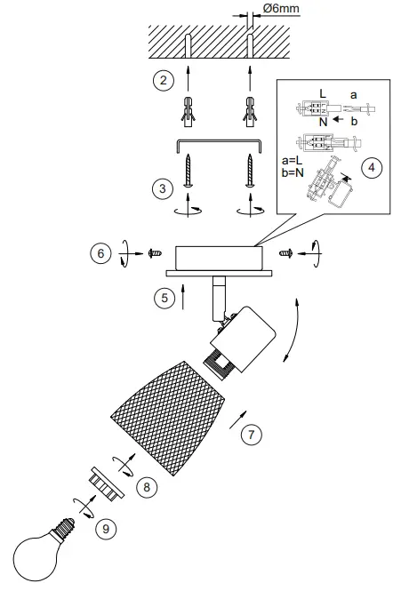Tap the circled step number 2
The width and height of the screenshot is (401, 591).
[x=162, y=82]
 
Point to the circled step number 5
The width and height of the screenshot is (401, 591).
[x=164, y=298]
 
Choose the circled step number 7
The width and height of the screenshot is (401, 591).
[x=253, y=435]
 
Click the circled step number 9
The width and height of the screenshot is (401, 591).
[x=107, y=529]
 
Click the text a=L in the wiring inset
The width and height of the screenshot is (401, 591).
[x=293, y=162]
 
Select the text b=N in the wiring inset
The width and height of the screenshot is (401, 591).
[x=293, y=174]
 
